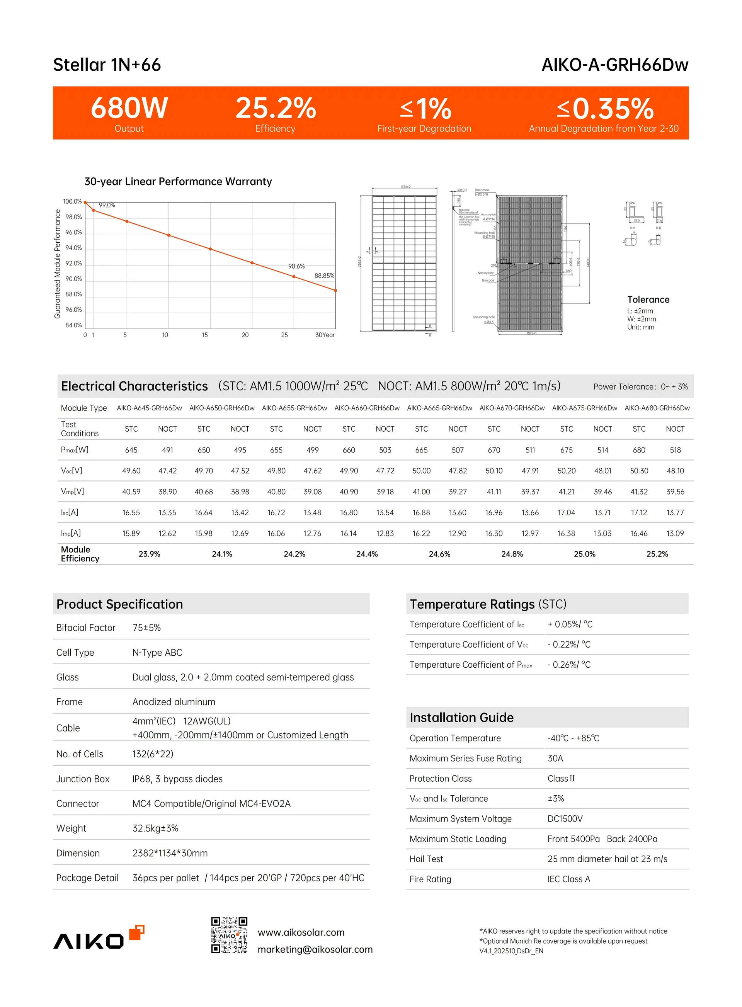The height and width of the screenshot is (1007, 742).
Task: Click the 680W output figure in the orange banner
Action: [129, 108]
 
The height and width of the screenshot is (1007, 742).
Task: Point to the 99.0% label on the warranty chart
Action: [107, 205]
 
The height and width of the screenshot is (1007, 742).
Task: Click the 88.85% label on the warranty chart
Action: [324, 276]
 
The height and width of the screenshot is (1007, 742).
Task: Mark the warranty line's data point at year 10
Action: [169, 235]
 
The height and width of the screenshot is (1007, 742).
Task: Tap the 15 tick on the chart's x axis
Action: [205, 335]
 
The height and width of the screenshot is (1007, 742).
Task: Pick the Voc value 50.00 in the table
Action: [421, 471]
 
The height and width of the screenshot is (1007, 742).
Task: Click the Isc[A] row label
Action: [70, 512]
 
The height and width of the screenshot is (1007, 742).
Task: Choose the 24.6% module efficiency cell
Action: [439, 554]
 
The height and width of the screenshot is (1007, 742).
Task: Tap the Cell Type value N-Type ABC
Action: [157, 653]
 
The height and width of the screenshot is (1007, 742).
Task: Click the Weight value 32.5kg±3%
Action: [155, 828]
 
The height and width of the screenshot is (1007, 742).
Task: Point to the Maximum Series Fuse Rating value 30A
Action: [555, 758]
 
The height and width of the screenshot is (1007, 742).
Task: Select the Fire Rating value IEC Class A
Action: [568, 879]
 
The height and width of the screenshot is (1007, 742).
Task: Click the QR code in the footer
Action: [229, 935]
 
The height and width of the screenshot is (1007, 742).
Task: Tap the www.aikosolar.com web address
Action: [301, 932]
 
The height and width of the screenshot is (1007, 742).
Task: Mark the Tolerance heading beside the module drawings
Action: [648, 299]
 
